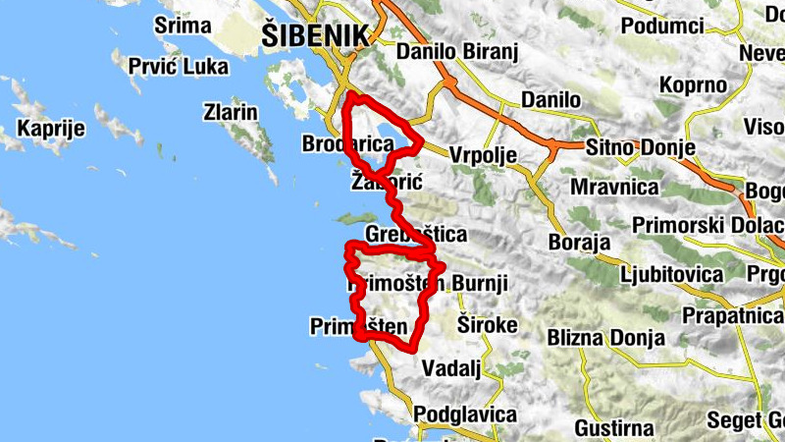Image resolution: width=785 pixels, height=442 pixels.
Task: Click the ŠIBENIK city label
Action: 315,35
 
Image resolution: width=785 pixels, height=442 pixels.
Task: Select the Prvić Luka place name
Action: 179,67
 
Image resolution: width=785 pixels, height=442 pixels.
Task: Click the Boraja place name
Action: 580,242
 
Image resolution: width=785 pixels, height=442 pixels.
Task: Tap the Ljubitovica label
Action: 669,273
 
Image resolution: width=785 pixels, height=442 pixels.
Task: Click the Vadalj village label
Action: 450,367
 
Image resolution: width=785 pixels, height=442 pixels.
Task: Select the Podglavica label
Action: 465,414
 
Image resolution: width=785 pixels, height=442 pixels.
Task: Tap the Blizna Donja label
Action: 605,338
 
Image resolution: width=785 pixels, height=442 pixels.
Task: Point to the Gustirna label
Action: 614,428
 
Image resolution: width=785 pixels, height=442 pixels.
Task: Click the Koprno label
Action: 693,85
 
